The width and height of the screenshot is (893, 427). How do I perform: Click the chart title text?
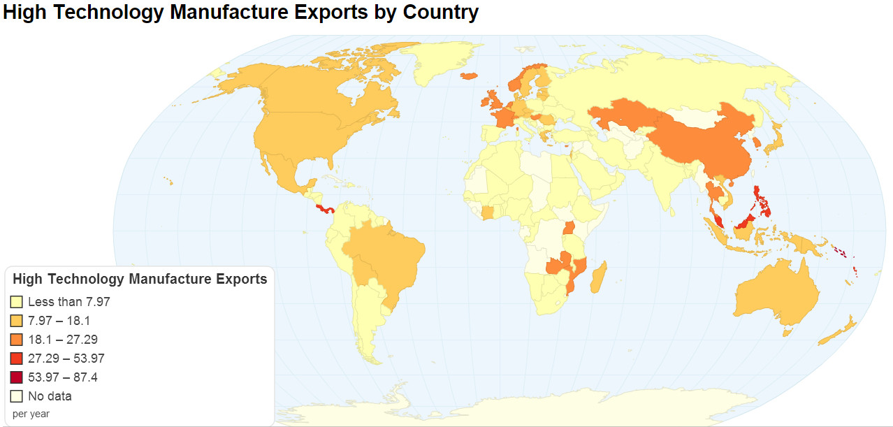[241, 13]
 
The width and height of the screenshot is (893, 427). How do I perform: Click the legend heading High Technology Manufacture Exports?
[140, 280]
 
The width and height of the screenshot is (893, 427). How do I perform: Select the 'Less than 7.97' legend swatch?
[17, 303]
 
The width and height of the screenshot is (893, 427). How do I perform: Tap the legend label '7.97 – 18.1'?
[59, 321]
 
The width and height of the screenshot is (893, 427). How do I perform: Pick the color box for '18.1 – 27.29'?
[17, 340]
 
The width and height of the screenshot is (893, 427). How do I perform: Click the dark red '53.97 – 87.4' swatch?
[17, 378]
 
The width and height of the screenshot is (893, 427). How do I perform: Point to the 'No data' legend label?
[50, 397]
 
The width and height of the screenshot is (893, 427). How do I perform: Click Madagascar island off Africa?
[598, 277]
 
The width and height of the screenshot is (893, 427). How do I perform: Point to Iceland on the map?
[468, 75]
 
